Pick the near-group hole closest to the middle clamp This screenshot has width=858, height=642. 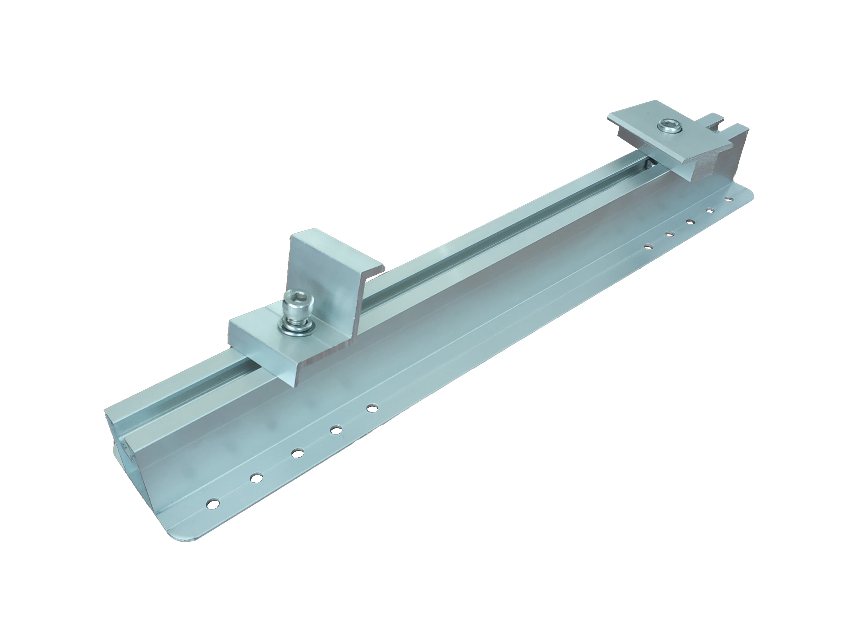point(372,408)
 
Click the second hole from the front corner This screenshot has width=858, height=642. point(255,478)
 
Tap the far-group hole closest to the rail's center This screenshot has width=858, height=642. point(647,246)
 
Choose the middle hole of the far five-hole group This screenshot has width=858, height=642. point(690,222)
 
